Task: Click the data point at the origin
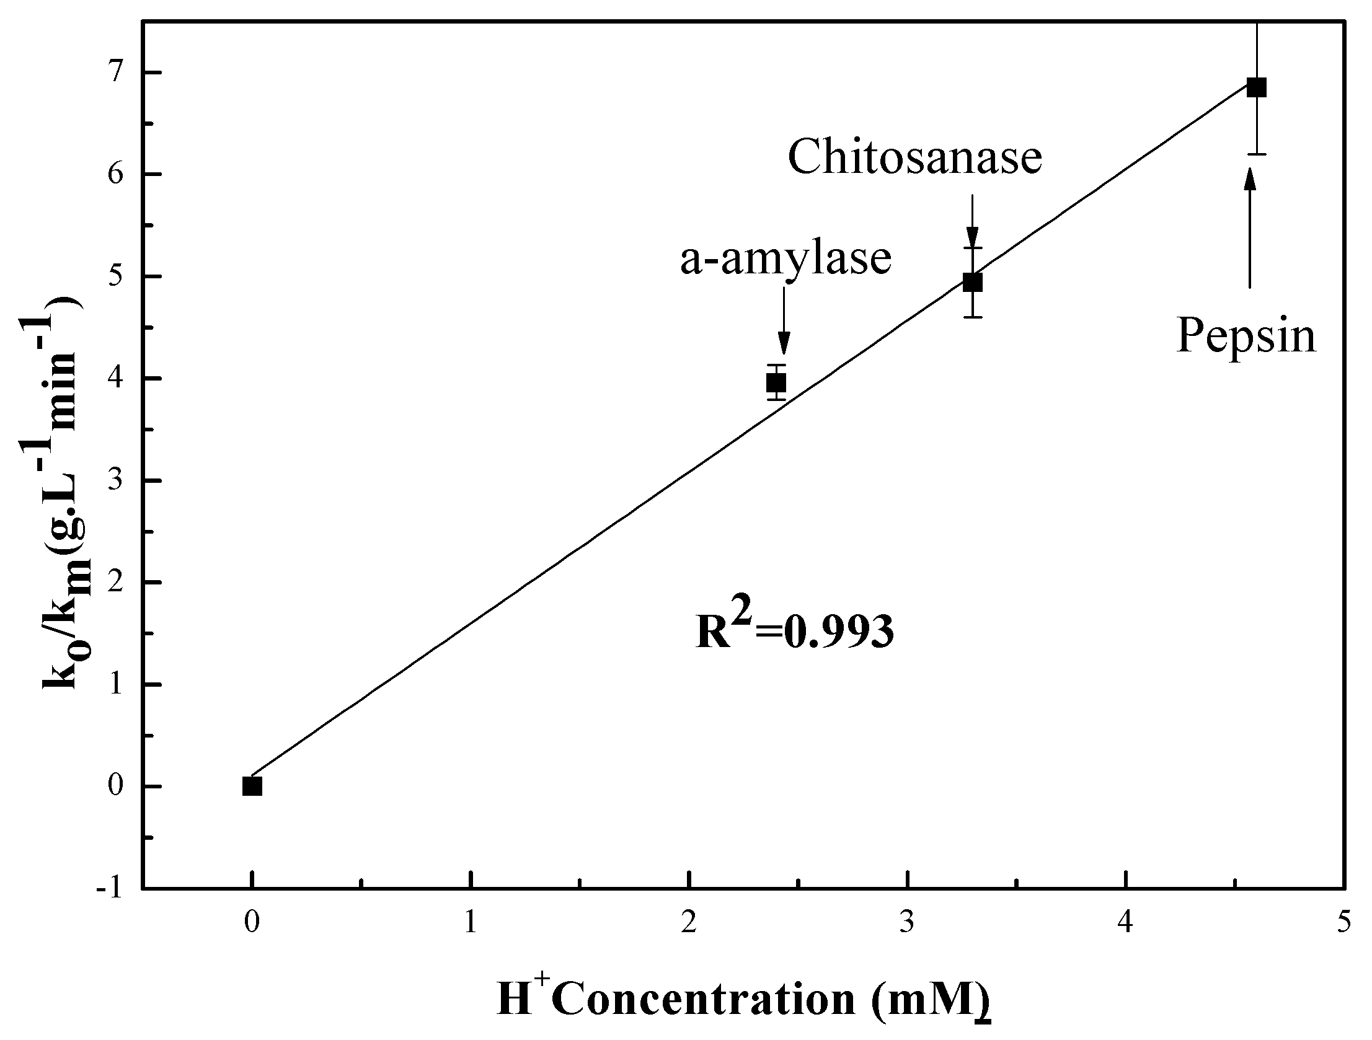(x=252, y=787)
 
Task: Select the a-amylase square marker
(x=776, y=382)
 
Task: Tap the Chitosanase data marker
(x=973, y=283)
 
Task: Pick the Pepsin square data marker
(x=1256, y=87)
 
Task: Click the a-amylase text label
(x=786, y=258)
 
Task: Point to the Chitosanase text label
(x=915, y=157)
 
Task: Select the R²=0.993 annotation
(x=795, y=630)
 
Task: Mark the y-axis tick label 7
(x=117, y=73)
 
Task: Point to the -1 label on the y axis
(x=110, y=889)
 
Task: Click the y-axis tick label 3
(x=117, y=480)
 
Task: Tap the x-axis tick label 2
(x=689, y=922)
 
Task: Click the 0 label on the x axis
(x=251, y=922)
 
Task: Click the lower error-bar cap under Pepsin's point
(x=1257, y=154)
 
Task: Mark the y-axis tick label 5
(x=117, y=276)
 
